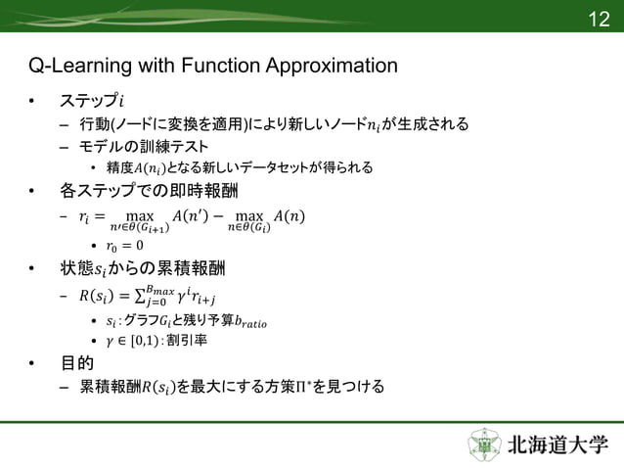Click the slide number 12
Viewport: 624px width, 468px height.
point(598,20)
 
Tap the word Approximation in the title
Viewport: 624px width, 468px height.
point(333,67)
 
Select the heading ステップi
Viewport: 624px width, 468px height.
point(92,102)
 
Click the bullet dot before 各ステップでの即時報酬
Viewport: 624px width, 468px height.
point(31,189)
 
